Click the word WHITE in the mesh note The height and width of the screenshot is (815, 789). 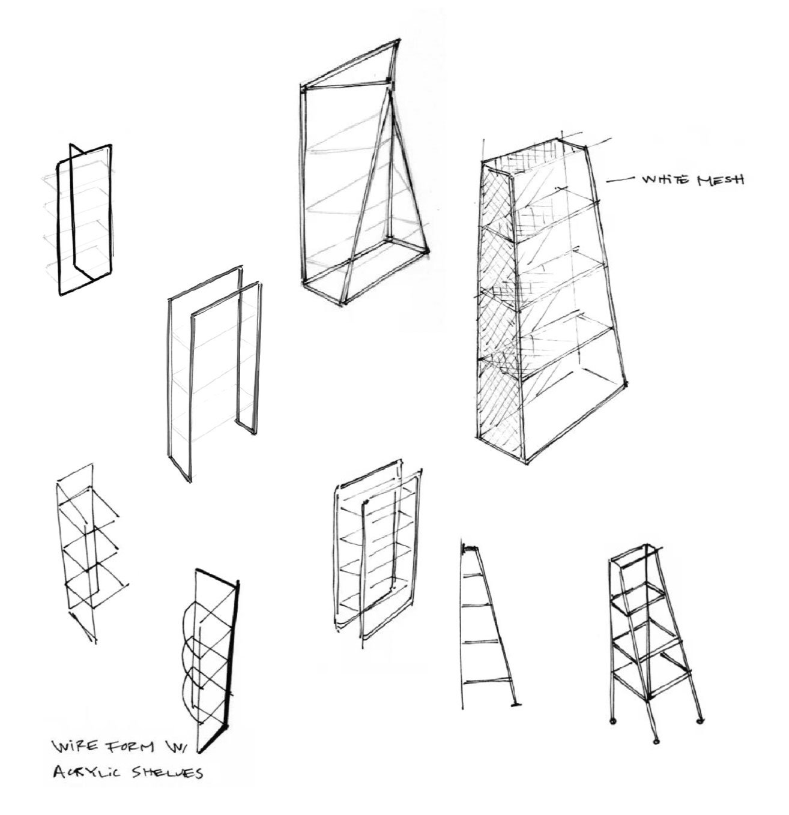tap(666, 179)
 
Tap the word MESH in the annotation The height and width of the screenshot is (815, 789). tap(721, 179)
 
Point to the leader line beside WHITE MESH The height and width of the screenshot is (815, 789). tap(620, 181)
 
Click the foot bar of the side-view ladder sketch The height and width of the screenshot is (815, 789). tap(515, 705)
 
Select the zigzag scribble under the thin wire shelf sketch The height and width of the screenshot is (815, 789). tap(84, 629)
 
